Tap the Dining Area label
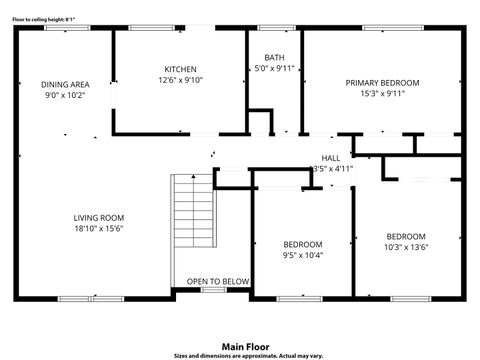65,84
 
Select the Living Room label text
98,217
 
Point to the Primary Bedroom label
382,83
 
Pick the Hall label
330,158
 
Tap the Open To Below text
211,282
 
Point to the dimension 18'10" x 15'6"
98,228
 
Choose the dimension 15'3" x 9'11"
382,94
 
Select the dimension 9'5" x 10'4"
302,255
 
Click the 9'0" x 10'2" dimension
65,95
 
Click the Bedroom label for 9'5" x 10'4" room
302,244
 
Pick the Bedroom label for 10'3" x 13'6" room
406,236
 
